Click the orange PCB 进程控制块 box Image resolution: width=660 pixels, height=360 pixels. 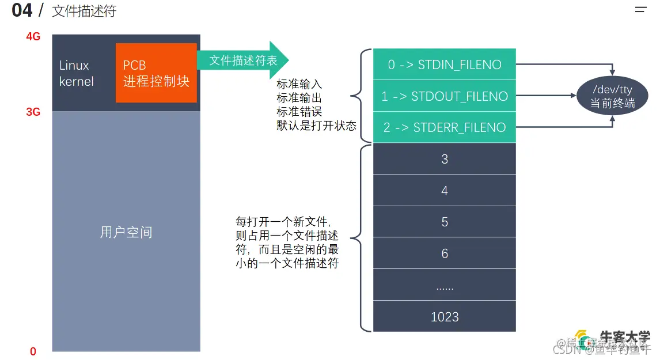point(156,73)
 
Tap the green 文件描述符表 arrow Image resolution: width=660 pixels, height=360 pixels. point(242,60)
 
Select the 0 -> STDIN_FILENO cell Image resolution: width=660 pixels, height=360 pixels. point(444,65)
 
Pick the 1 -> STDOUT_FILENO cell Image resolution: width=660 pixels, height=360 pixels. point(444,96)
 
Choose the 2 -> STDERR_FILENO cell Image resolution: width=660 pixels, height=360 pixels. point(444,127)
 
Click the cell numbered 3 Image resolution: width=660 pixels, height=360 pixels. point(444,159)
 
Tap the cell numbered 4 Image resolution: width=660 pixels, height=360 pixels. point(444,190)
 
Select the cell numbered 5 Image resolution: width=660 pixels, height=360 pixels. point(444,222)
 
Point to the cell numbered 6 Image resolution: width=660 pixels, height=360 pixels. point(444,253)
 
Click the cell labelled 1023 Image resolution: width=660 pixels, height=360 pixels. point(444,316)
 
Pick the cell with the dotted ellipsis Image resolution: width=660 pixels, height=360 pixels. point(444,285)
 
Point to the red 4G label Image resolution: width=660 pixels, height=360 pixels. point(33,37)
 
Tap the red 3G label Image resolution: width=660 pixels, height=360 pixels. point(33,112)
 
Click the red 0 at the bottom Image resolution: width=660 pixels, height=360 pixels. point(33,351)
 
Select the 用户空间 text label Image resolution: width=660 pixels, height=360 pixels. point(126,232)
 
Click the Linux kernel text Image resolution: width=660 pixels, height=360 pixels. point(77,73)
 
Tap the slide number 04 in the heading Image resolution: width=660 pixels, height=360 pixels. point(22,10)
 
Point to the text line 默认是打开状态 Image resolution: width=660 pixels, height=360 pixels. point(316,126)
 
